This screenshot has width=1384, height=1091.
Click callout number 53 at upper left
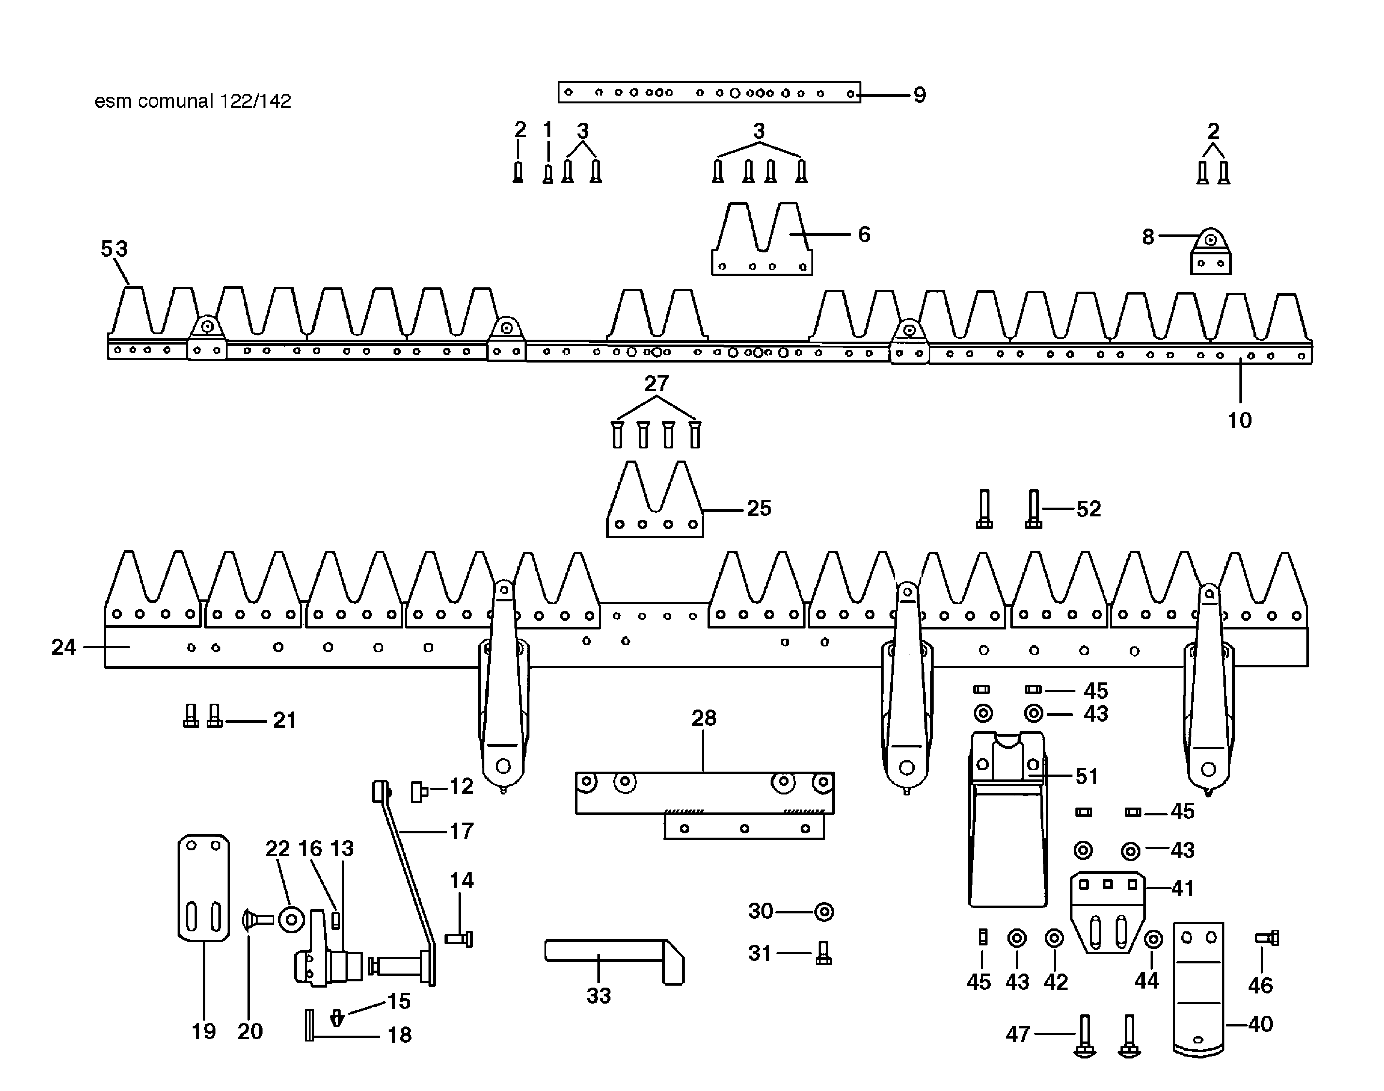[x=114, y=248]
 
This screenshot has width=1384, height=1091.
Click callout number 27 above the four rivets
[x=656, y=383]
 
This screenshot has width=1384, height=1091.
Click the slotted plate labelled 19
[x=203, y=888]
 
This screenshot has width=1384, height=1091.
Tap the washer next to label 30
[x=824, y=911]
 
